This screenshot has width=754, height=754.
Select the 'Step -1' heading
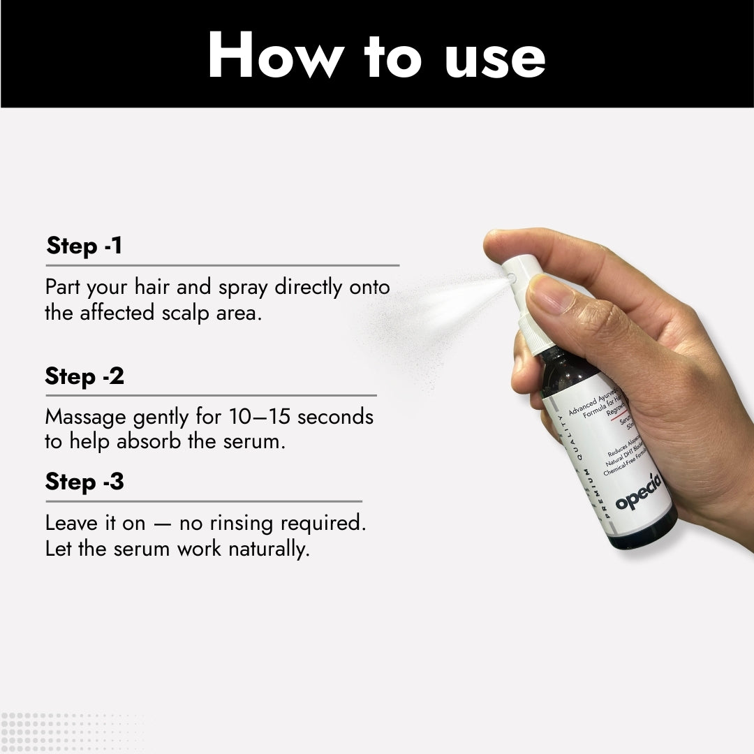[84, 246]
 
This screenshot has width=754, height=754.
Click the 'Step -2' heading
[84, 376]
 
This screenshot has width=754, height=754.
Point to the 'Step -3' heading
[84, 482]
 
